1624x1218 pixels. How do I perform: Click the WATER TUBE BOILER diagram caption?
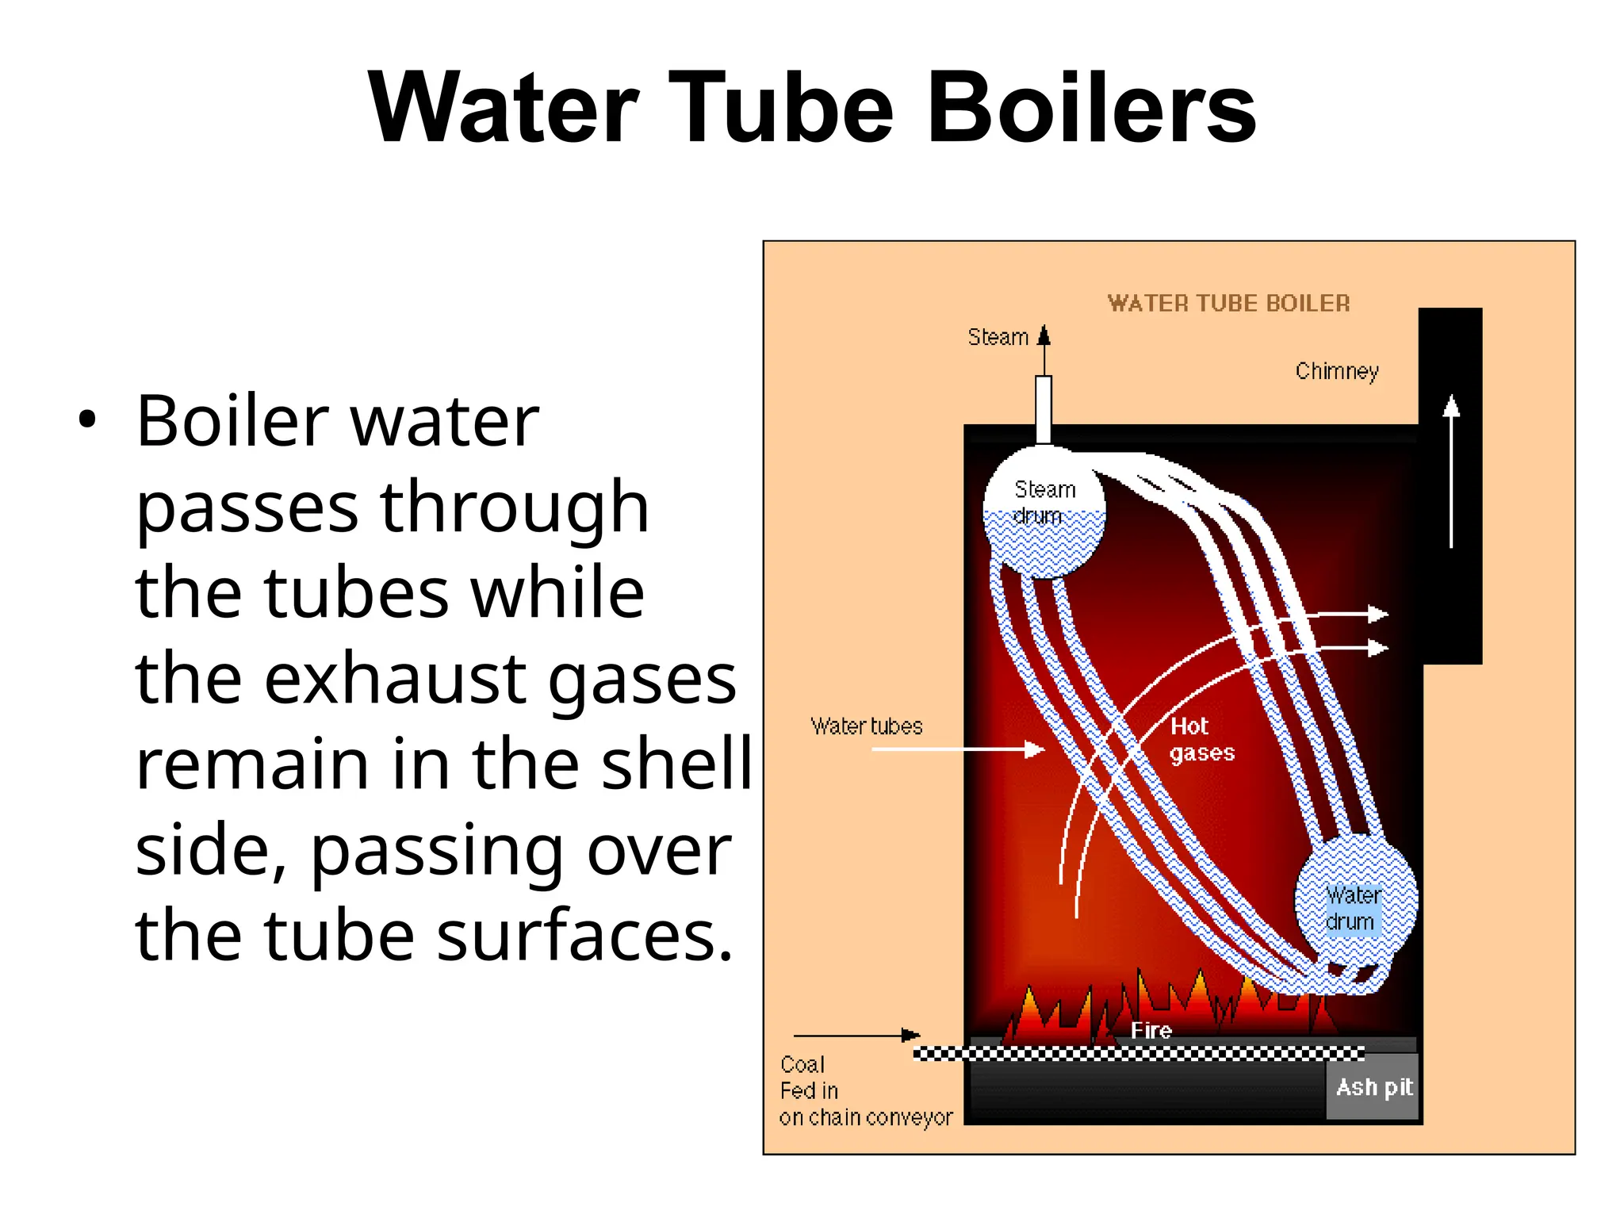(x=1228, y=303)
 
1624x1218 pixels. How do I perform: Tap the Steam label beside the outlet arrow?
(x=998, y=337)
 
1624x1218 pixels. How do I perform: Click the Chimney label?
(x=1337, y=371)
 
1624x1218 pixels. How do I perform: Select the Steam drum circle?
(x=1044, y=511)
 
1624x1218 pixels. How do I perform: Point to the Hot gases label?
(x=1201, y=739)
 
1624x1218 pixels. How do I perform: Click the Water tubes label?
(x=867, y=726)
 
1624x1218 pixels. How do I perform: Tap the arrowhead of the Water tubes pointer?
(x=1034, y=749)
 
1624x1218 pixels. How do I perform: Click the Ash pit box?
(x=1373, y=1087)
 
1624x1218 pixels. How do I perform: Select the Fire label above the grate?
(x=1151, y=1030)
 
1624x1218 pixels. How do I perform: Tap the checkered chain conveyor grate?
(x=1139, y=1053)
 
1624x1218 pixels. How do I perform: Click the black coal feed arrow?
(x=856, y=1035)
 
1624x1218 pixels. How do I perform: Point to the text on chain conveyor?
(x=866, y=1117)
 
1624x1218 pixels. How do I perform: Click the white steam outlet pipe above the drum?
(x=1044, y=408)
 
